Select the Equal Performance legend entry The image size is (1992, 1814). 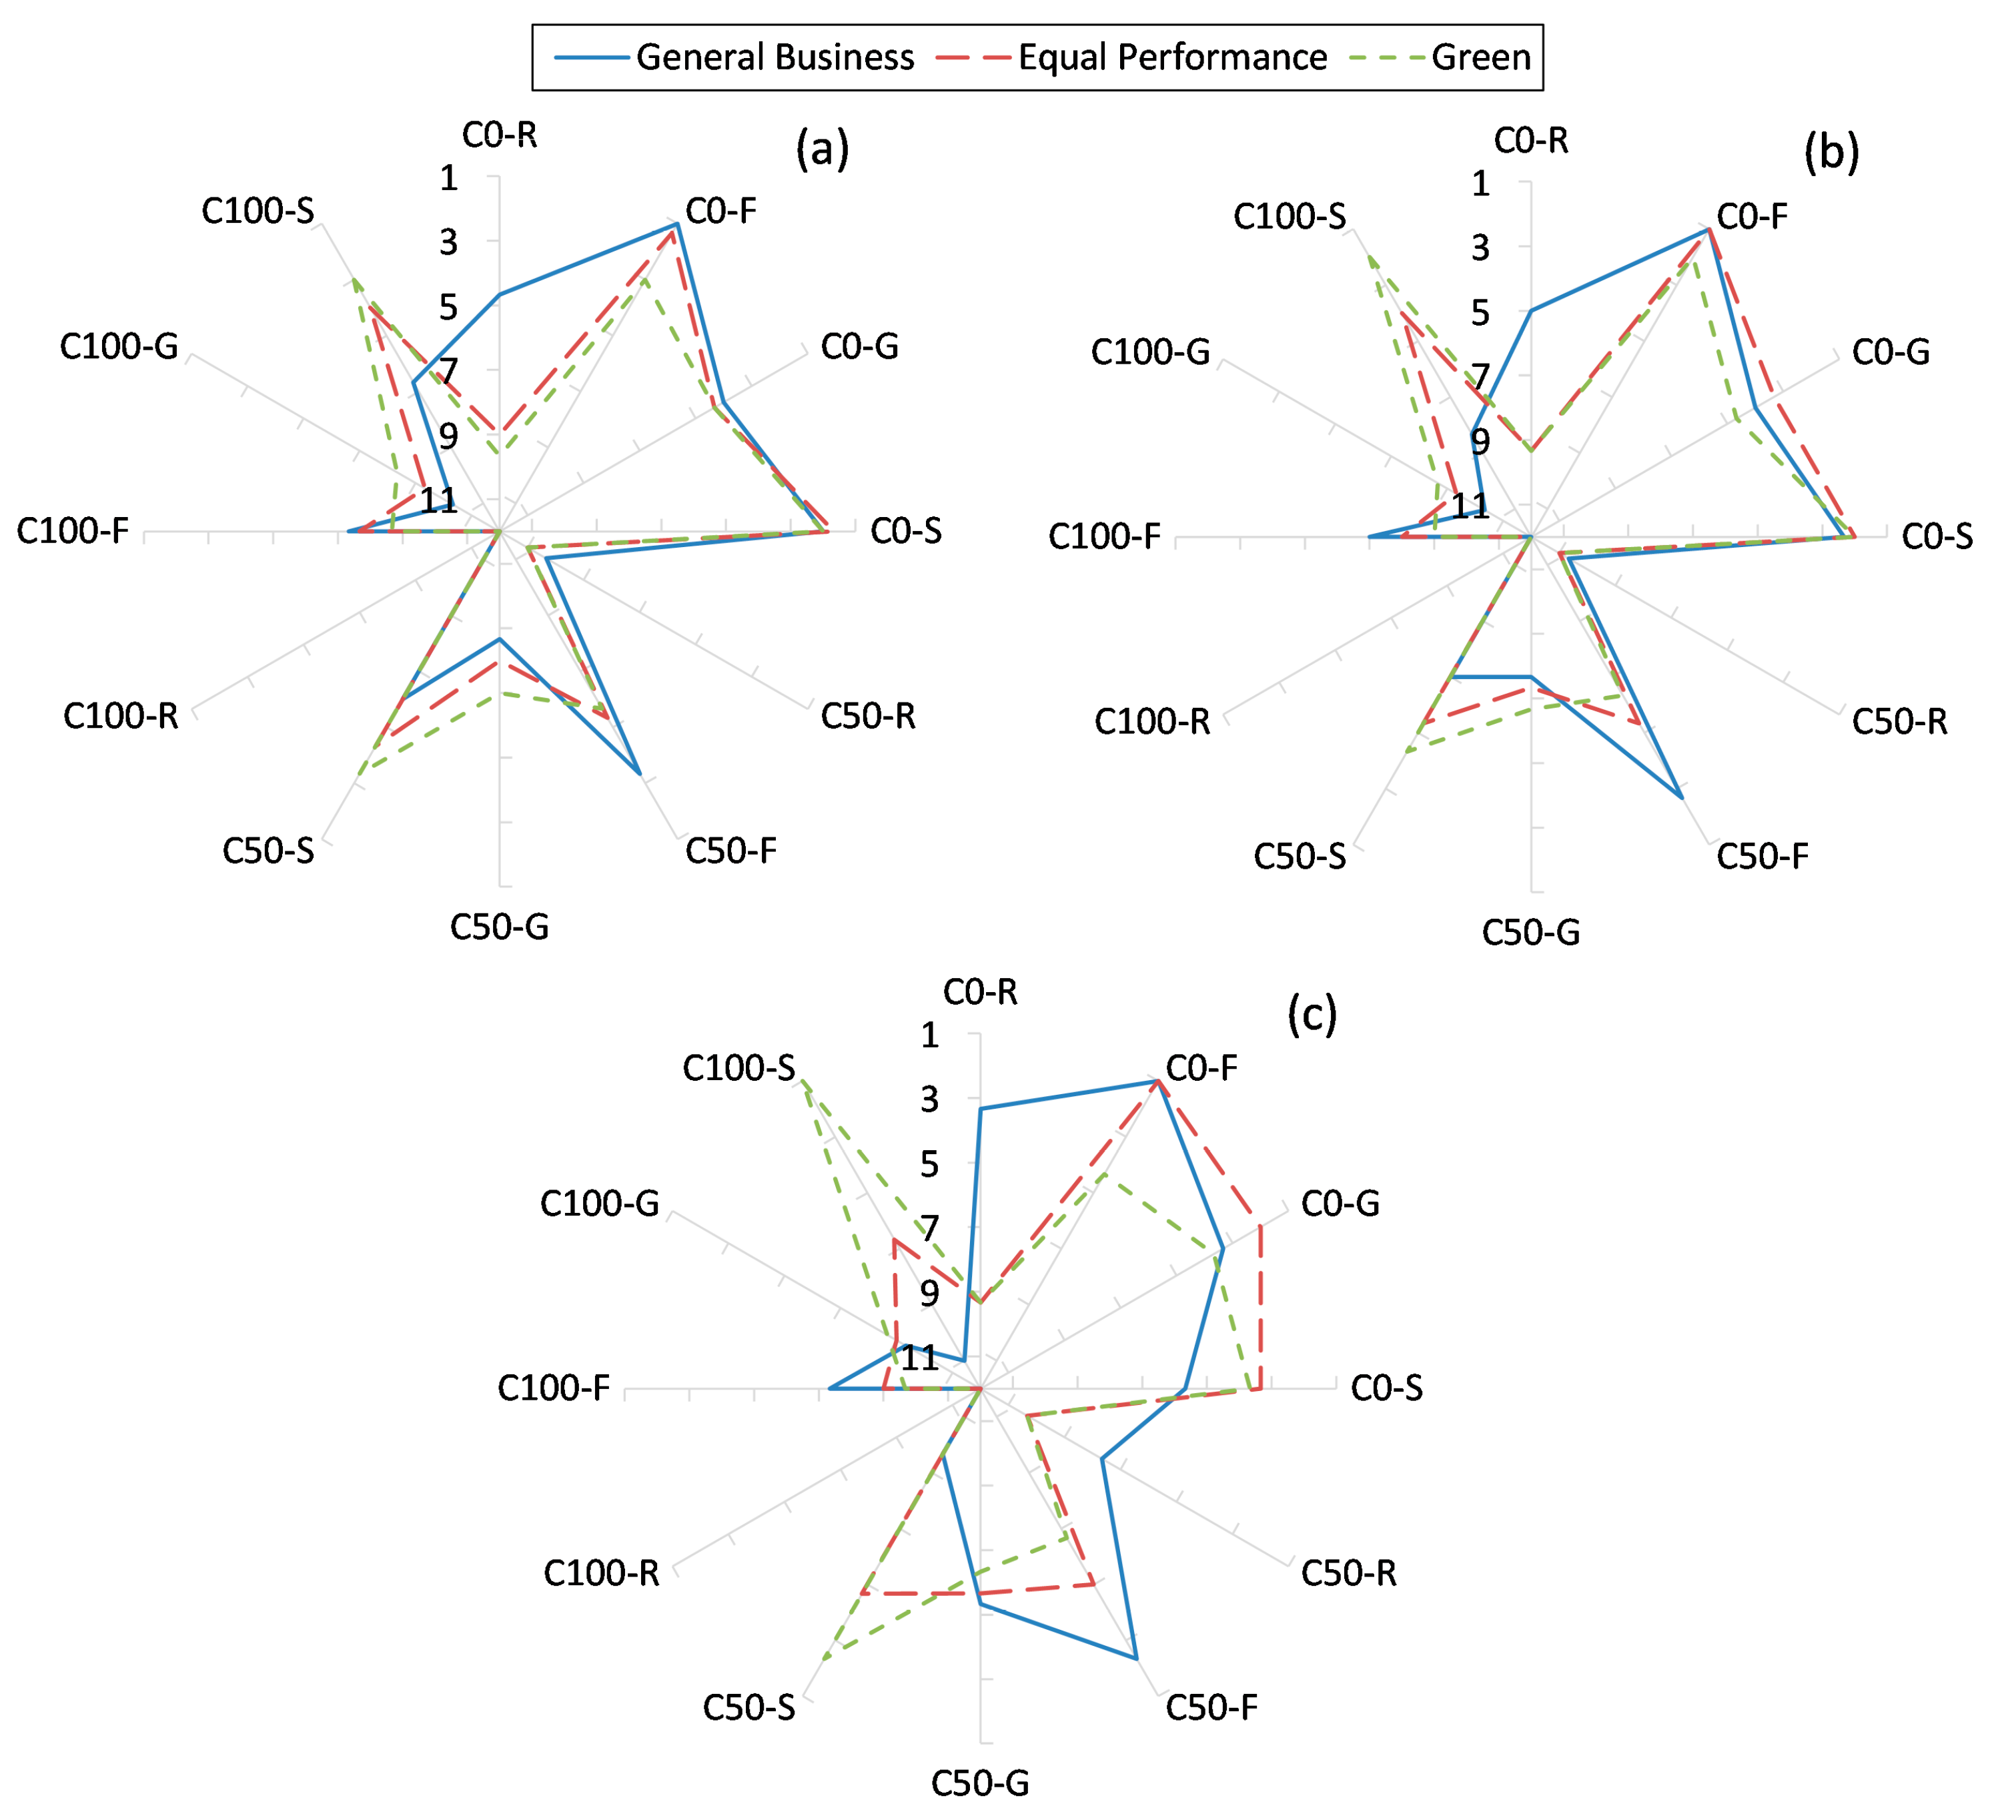click(x=1172, y=57)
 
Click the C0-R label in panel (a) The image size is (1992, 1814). click(x=500, y=134)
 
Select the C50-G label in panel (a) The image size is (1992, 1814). click(x=499, y=927)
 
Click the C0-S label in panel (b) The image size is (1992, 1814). click(x=1937, y=536)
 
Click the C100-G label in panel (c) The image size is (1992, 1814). click(x=599, y=1204)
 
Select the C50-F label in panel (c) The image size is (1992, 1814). click(x=1211, y=1707)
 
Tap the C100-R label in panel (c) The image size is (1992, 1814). click(x=601, y=1573)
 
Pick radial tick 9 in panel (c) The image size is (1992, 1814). click(x=929, y=1294)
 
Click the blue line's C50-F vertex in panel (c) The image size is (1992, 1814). click(x=1136, y=1658)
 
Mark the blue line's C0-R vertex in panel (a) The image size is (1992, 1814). click(x=499, y=294)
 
